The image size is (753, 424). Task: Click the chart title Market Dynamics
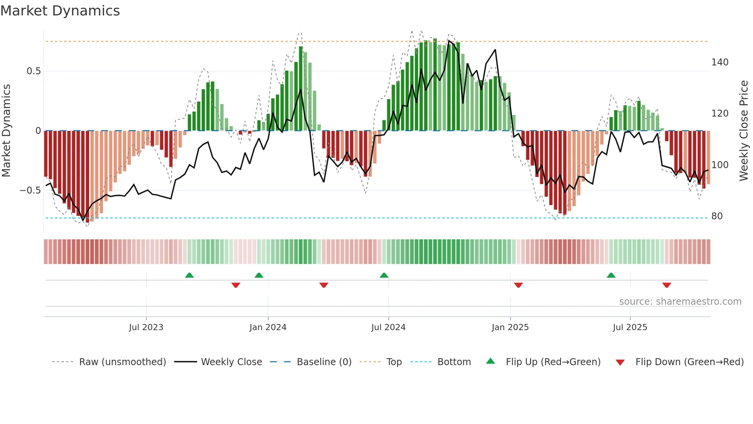(60, 11)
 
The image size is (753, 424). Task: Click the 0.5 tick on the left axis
(33, 71)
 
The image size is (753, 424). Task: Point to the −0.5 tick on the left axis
(30, 190)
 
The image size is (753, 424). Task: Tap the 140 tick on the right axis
(720, 62)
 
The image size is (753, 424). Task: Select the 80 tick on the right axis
(717, 216)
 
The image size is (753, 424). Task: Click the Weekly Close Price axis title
(744, 131)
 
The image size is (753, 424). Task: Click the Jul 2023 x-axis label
(146, 327)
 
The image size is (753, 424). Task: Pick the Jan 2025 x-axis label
(510, 327)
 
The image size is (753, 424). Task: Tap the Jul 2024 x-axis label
(388, 327)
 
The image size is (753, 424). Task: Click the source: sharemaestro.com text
(680, 302)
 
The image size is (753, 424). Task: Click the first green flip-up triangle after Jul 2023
(189, 275)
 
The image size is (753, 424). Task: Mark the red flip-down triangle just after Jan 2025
(518, 285)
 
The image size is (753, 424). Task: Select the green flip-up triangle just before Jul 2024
(384, 275)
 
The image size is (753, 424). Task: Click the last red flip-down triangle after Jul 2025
(667, 285)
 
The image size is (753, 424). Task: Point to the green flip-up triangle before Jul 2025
(611, 275)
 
